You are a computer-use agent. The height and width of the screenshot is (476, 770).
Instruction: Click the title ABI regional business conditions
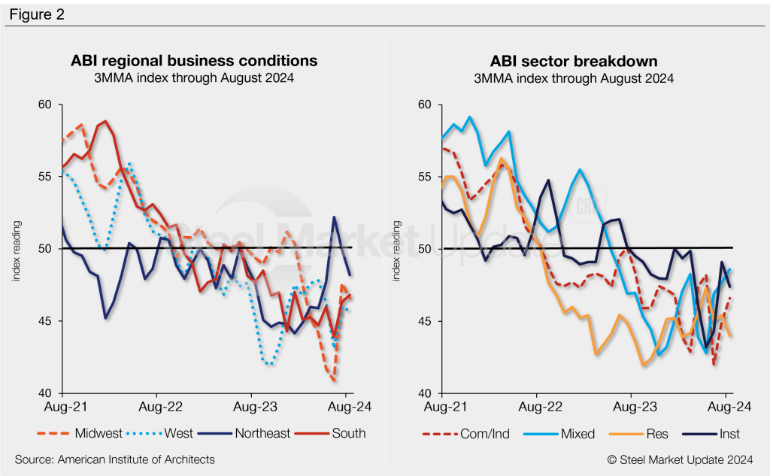[x=194, y=60]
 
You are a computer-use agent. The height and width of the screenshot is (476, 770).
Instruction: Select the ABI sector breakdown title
[x=573, y=60]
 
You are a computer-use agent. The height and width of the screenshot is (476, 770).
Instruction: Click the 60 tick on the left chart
[x=46, y=104]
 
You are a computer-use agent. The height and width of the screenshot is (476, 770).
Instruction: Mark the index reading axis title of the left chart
[x=16, y=250]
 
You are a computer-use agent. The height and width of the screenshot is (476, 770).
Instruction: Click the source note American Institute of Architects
[x=114, y=459]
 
